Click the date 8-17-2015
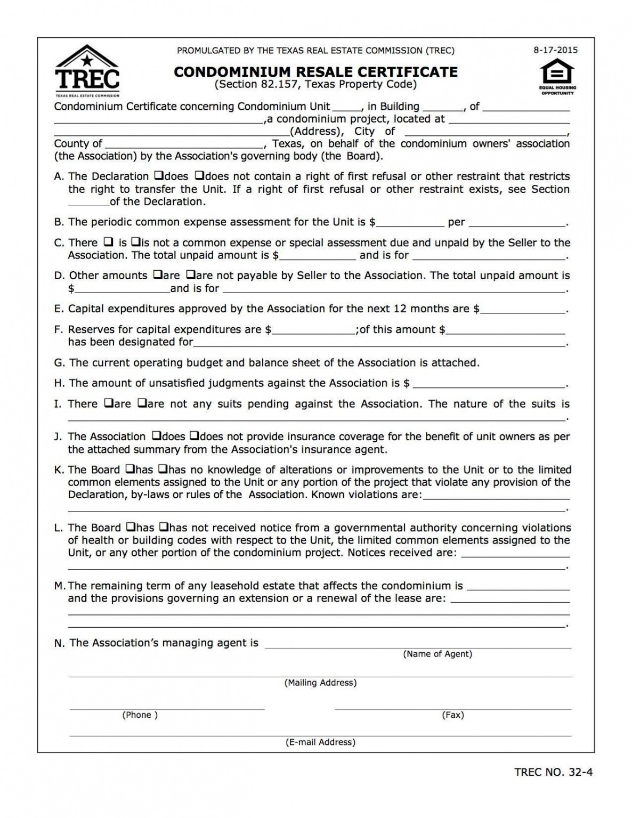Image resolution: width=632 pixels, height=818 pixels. point(555,51)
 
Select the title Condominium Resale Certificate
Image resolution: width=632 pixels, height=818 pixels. point(315,72)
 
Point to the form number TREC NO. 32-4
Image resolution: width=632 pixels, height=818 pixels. point(554,772)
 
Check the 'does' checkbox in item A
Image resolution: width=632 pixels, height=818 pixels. point(158,176)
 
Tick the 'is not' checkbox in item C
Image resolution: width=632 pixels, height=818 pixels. point(135,242)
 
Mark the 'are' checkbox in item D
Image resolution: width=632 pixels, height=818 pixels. point(157,276)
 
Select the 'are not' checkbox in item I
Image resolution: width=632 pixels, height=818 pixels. point(142,403)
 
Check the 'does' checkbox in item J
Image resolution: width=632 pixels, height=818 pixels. point(157,436)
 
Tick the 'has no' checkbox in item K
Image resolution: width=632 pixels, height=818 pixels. point(163,469)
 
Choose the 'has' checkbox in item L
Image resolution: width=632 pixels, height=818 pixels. point(130,528)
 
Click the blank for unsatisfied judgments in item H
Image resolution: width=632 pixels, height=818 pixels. point(489,384)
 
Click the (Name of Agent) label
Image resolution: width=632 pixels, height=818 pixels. point(437,654)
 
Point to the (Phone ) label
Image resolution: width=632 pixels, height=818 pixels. point(140,715)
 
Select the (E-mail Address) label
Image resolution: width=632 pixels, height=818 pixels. point(320,742)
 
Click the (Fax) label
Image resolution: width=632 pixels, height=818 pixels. point(452,715)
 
